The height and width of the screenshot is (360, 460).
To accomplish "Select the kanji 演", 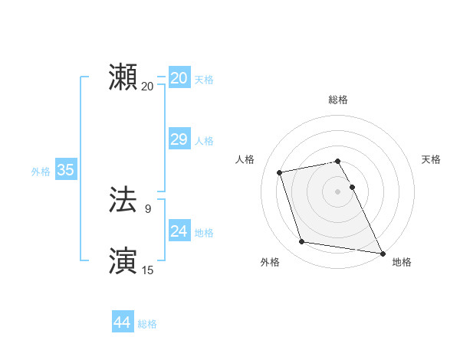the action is click(123, 260).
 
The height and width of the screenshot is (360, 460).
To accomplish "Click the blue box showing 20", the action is click(179, 78).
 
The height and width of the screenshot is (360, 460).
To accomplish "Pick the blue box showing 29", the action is click(179, 139).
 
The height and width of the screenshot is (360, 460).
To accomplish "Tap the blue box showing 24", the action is click(179, 231).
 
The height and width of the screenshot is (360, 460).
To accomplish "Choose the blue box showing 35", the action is click(65, 170).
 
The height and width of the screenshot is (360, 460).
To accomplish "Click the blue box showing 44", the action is click(122, 322).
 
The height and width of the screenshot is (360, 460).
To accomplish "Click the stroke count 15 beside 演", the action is click(148, 270).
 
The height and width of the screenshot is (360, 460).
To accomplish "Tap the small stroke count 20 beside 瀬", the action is click(147, 86).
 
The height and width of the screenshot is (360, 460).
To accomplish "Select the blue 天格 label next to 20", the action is click(204, 80).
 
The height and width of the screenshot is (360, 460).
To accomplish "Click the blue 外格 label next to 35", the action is click(41, 172).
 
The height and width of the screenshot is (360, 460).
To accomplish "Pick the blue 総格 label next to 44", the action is click(147, 324).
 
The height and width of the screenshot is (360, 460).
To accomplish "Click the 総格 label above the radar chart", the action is click(338, 100).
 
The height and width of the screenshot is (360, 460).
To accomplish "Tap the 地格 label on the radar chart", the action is click(402, 263).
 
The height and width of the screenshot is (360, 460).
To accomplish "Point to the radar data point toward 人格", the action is click(280, 172).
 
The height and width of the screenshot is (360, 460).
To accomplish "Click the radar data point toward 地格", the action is click(382, 252).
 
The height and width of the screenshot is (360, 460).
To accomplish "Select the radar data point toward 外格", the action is click(302, 242).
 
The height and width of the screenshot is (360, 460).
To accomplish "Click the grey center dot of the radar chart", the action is click(338, 191).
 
